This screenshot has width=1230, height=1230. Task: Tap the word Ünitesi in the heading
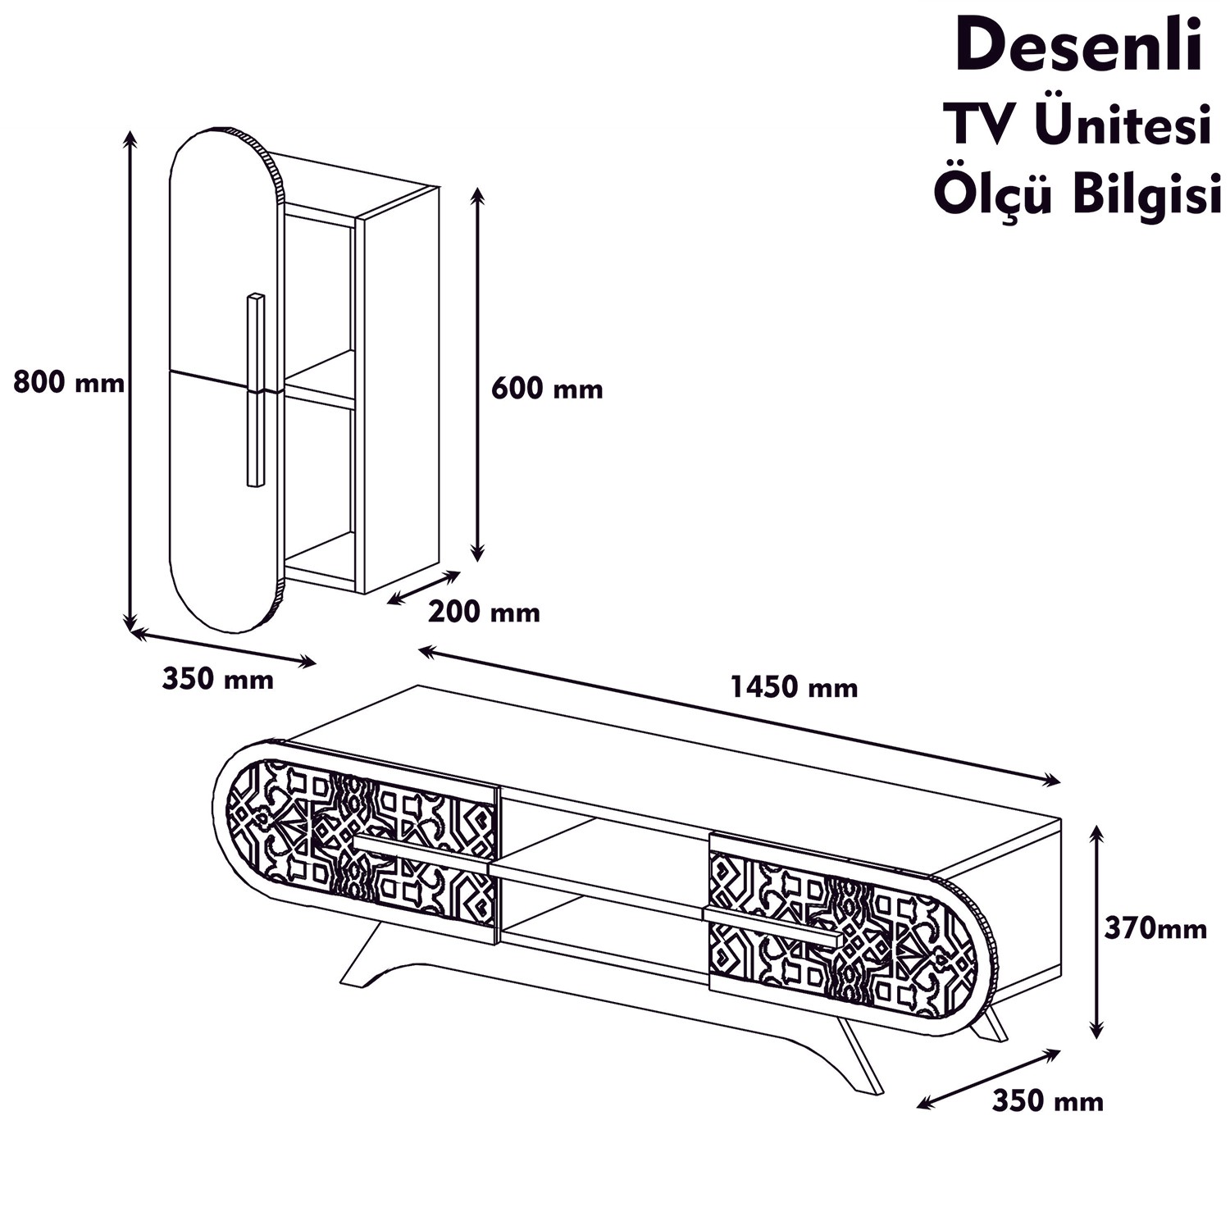coord(1123,127)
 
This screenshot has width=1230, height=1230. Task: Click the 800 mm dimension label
coord(69,382)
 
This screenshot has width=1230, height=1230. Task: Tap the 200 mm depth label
coord(484,612)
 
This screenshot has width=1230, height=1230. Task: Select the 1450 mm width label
coord(794,686)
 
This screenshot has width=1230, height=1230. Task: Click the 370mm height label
coord(1155,928)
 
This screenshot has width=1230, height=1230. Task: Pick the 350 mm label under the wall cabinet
coord(217,679)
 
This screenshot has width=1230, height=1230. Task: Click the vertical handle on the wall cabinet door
coord(255,390)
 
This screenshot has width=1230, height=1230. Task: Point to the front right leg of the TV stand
coord(861,1058)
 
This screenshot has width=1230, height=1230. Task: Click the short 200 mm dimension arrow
coord(423,587)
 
